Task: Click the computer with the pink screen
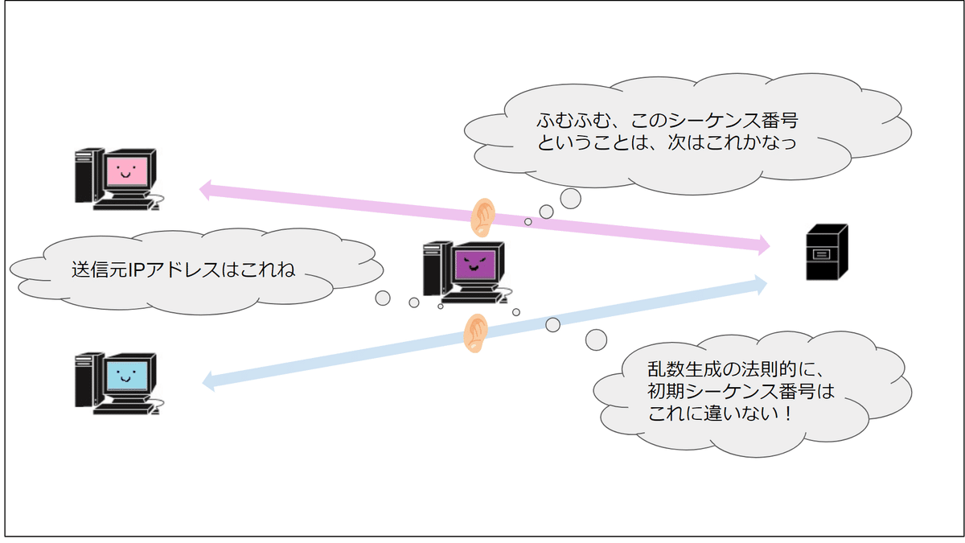click(117, 179)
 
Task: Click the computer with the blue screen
click(117, 381)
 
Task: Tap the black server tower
click(827, 251)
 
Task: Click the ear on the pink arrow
click(482, 216)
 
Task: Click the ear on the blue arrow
click(476, 332)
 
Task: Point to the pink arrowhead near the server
click(762, 245)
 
